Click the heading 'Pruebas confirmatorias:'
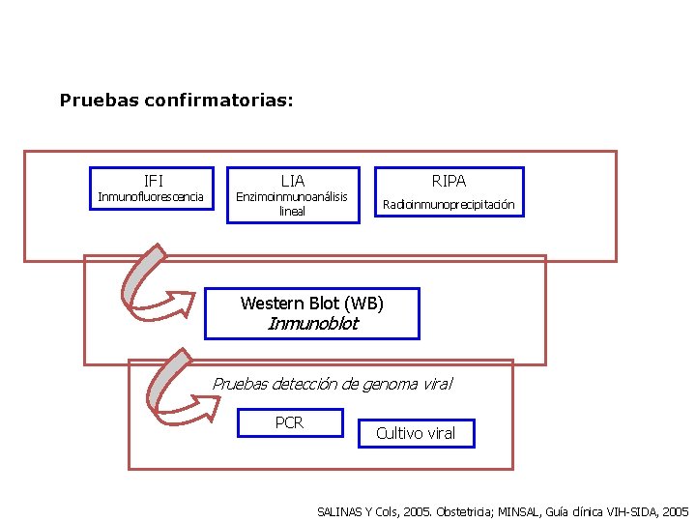[x=177, y=100]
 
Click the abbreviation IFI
[x=154, y=181]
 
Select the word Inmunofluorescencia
[x=151, y=197]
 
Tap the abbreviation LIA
[x=292, y=181]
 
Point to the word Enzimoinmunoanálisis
[x=292, y=197]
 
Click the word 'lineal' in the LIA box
[x=292, y=211]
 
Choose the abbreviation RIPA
[x=449, y=181]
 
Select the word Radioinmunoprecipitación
[x=449, y=205]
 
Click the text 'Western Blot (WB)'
[x=311, y=304]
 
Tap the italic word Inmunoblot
[x=311, y=324]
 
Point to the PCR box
[x=290, y=422]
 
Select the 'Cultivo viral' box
[x=416, y=433]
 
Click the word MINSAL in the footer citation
[x=524, y=510]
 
